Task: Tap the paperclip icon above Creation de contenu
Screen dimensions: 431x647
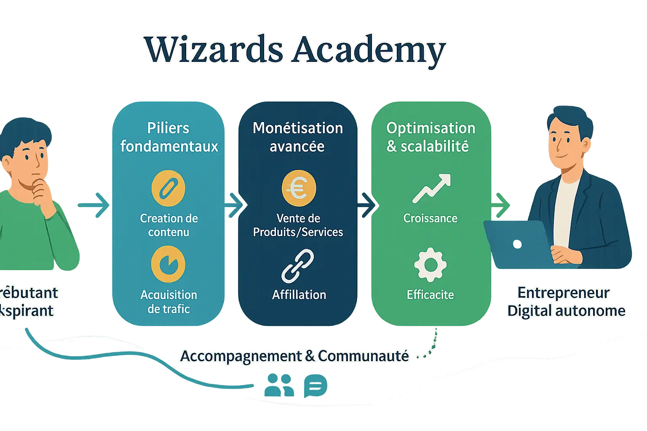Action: pyautogui.click(x=168, y=188)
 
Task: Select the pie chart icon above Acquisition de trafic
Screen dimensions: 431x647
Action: pyautogui.click(x=168, y=264)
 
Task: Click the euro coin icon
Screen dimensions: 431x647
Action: pyautogui.click(x=298, y=188)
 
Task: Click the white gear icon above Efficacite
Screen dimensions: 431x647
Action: pyautogui.click(x=430, y=265)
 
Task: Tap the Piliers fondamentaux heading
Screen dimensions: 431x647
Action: pyautogui.click(x=169, y=137)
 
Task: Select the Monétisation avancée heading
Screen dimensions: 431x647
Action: pyautogui.click(x=298, y=137)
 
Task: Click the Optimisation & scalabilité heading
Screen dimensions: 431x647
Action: pyautogui.click(x=430, y=137)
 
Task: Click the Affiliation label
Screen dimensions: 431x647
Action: pyautogui.click(x=299, y=295)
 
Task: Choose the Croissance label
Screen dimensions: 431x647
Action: pyautogui.click(x=430, y=218)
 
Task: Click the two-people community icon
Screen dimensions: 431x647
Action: pyautogui.click(x=279, y=386)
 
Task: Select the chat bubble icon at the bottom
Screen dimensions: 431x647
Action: pyautogui.click(x=315, y=386)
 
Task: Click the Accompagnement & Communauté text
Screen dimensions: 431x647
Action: pyautogui.click(x=294, y=356)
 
